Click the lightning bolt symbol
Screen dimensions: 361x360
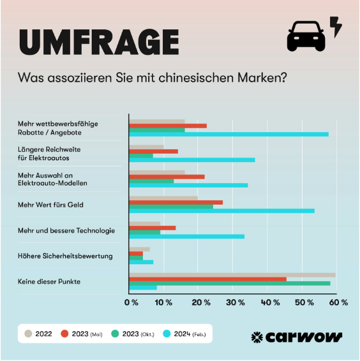335,27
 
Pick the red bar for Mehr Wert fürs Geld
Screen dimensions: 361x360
176,202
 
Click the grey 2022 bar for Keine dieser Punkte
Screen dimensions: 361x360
232,275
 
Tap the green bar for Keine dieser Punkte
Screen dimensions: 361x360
230,283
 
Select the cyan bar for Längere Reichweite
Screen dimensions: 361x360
191,159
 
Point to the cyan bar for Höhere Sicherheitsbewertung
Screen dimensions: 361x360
141,262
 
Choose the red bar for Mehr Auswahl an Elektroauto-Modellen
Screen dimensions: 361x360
167,176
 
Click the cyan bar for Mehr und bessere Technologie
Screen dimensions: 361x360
186,236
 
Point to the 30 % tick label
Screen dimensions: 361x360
235,302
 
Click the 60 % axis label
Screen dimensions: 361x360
338,302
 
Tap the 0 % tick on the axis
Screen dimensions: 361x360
131,302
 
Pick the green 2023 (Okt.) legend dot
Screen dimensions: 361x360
115,333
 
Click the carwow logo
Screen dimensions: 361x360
296,336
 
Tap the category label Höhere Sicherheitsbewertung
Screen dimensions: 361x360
66,256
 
